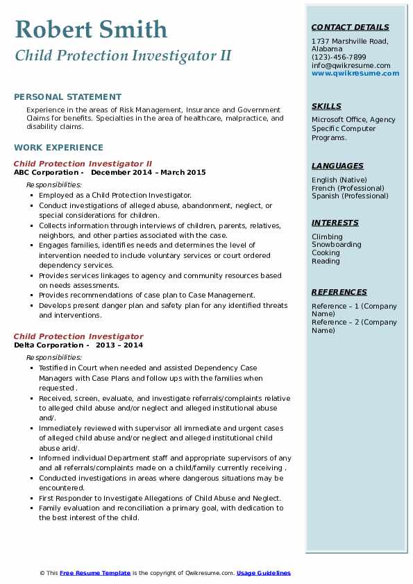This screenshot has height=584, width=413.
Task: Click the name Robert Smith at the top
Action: [x=91, y=29]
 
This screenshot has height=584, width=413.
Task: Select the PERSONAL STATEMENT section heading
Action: [x=67, y=97]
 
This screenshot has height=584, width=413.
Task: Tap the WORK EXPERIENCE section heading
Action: [x=58, y=147]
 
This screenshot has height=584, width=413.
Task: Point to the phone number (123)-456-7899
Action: [x=339, y=58]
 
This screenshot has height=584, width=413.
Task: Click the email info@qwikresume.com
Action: [x=351, y=65]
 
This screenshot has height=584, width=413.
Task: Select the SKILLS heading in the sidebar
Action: [x=326, y=106]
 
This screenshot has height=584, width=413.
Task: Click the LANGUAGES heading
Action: [x=337, y=166]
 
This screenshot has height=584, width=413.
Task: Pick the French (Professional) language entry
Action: [x=348, y=188]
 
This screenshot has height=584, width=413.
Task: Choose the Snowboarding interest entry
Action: [x=336, y=245]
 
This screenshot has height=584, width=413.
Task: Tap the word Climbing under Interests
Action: [x=327, y=237]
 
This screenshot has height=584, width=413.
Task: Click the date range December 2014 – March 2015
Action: [x=149, y=172]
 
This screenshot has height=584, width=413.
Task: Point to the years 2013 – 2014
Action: [x=119, y=345]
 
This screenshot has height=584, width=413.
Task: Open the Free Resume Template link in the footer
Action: [x=95, y=573]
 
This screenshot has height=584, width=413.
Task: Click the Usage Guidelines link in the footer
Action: [x=264, y=573]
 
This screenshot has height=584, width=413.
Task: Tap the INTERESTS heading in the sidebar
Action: [x=335, y=223]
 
